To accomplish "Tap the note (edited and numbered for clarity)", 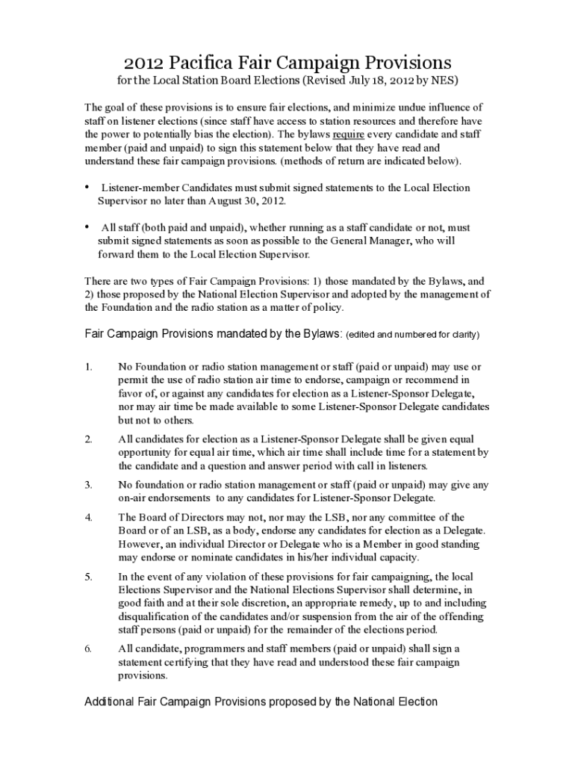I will [412, 335].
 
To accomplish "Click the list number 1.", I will [88, 366].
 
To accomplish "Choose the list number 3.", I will [88, 484].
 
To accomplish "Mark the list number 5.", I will [88, 577].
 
